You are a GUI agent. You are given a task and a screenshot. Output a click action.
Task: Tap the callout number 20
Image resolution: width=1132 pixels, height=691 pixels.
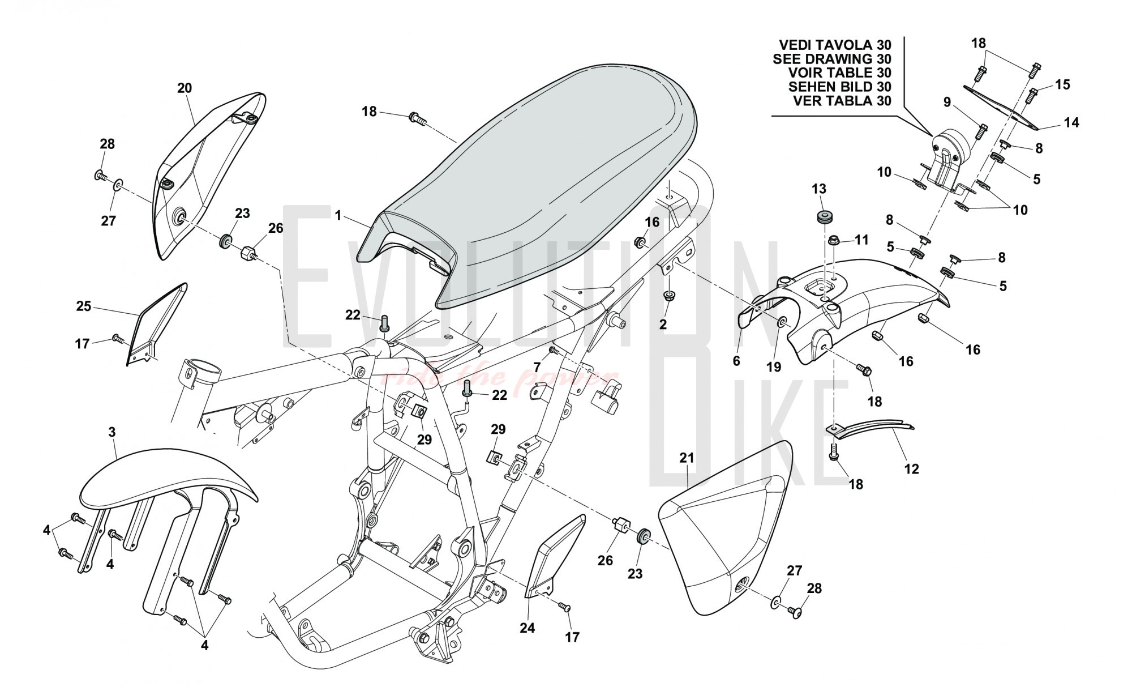tap(185, 88)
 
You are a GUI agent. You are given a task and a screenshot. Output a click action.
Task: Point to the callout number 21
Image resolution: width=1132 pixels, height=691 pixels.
tap(687, 458)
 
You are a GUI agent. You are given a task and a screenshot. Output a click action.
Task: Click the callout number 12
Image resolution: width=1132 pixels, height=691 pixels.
tap(912, 468)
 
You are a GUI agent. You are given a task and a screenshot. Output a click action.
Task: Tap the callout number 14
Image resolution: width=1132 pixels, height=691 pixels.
tap(1071, 122)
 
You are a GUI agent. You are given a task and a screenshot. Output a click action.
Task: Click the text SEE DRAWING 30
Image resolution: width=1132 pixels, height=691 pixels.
tap(831, 59)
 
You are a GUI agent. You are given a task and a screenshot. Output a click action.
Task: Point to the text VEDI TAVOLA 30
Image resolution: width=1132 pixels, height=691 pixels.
tap(835, 45)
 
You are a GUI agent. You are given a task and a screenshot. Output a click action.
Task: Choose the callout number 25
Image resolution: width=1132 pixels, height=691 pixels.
tap(84, 306)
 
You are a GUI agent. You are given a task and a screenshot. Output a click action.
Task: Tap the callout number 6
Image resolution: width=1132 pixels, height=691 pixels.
tap(736, 360)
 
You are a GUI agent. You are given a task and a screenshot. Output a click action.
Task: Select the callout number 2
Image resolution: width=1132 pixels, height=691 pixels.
tap(663, 325)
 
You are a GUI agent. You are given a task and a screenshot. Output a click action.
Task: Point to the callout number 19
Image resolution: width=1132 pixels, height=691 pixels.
tap(774, 366)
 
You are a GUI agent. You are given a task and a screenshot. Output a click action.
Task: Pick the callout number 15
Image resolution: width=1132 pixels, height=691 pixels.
tap(1063, 84)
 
